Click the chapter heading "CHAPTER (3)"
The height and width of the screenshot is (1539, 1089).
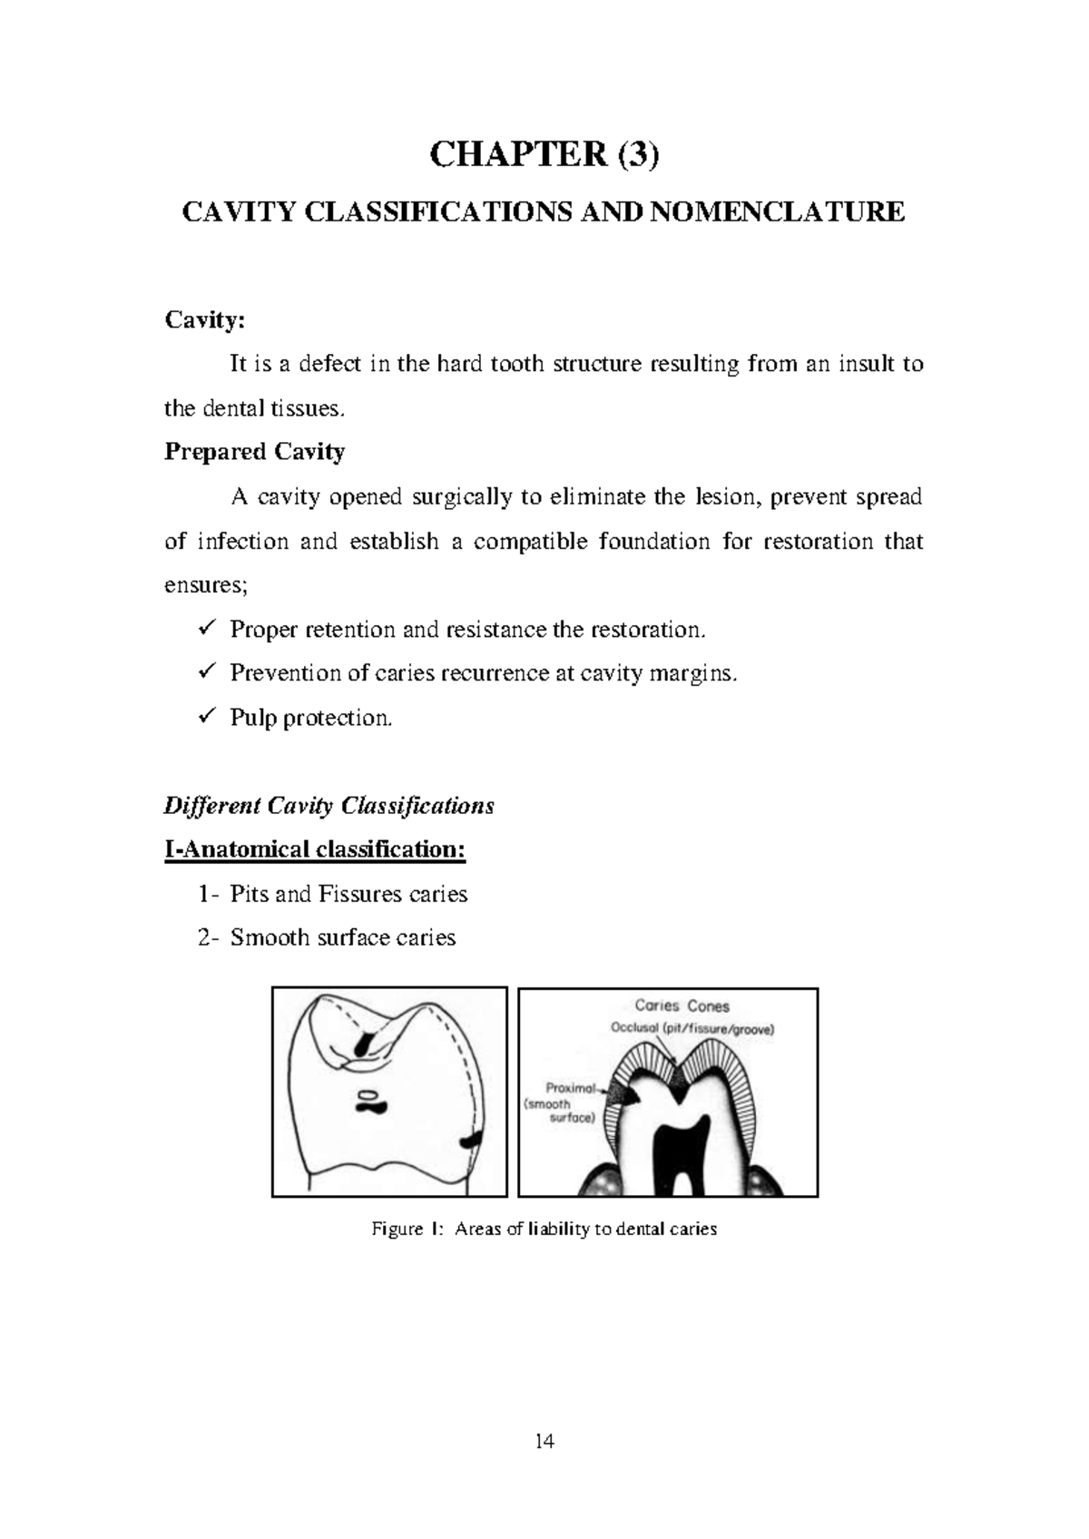[544, 156]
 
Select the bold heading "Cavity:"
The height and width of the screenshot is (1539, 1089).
[204, 320]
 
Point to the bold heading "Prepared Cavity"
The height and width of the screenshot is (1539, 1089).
[254, 452]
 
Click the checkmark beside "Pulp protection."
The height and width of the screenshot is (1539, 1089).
[204, 717]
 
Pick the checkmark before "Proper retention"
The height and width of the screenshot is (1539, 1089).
[204, 628]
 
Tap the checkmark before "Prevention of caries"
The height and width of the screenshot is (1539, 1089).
[204, 672]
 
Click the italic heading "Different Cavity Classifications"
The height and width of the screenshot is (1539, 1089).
[329, 806]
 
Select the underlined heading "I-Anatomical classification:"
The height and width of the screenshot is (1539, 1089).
[315, 850]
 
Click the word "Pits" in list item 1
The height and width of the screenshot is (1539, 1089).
[249, 895]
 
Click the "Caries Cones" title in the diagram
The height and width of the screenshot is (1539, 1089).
[682, 1006]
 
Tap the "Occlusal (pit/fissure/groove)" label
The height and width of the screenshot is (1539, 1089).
[692, 1029]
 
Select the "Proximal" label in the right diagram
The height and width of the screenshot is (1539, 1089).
[570, 1087]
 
